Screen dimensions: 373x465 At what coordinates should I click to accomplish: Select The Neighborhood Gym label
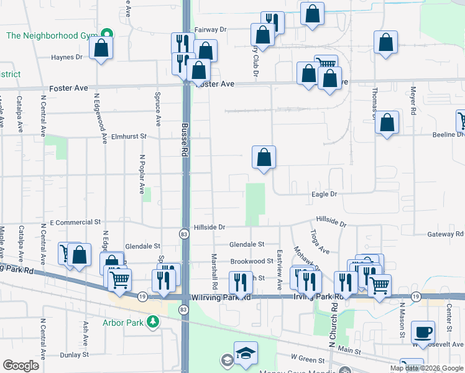point(53,35)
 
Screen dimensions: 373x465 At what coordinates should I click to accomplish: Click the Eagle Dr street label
point(325,195)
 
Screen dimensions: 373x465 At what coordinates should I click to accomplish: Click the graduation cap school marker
point(246,353)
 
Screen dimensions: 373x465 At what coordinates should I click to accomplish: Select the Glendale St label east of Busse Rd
point(247,245)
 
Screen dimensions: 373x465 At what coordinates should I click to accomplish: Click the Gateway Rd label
point(445,234)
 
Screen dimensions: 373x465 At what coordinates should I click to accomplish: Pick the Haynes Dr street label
point(67,57)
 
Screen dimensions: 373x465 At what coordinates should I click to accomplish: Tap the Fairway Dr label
point(211,29)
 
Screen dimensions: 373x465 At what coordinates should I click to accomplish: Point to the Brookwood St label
point(252,262)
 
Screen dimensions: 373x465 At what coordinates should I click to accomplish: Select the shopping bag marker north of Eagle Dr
point(264,157)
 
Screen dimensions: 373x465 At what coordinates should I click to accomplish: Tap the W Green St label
point(308,360)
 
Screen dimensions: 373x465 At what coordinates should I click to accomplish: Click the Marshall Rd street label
point(214,271)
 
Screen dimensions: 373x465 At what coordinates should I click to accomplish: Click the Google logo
point(21,366)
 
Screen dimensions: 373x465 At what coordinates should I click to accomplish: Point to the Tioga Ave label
point(320,241)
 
